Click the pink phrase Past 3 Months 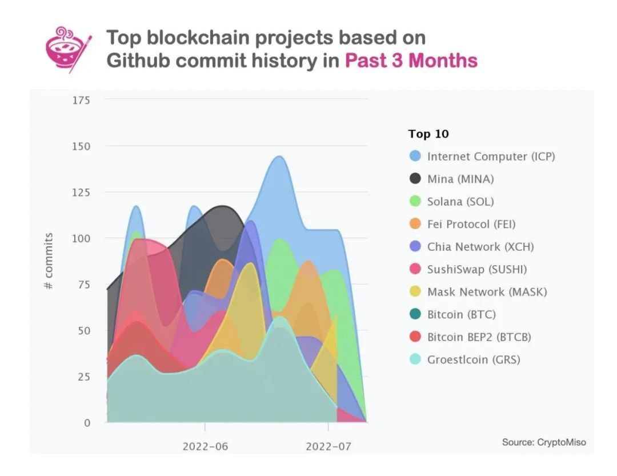pyautogui.click(x=411, y=61)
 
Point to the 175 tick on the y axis pyautogui.click(x=81, y=100)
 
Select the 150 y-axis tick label pyautogui.click(x=81, y=146)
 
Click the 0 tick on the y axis pyautogui.click(x=87, y=423)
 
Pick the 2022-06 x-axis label pyautogui.click(x=205, y=446)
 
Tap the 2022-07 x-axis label pyautogui.click(x=328, y=446)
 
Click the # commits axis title pyautogui.click(x=49, y=261)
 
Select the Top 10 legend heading pyautogui.click(x=428, y=134)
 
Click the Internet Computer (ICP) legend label pyautogui.click(x=491, y=156)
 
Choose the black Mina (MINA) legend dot pyautogui.click(x=415, y=179)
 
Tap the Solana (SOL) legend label pyautogui.click(x=460, y=201)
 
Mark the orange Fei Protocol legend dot pyautogui.click(x=415, y=224)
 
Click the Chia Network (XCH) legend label pyautogui.click(x=480, y=247)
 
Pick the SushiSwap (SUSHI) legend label pyautogui.click(x=477, y=269)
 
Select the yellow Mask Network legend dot pyautogui.click(x=415, y=292)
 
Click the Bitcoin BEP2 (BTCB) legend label pyautogui.click(x=479, y=337)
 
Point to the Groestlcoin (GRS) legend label pyautogui.click(x=474, y=359)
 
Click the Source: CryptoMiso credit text pyautogui.click(x=544, y=442)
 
